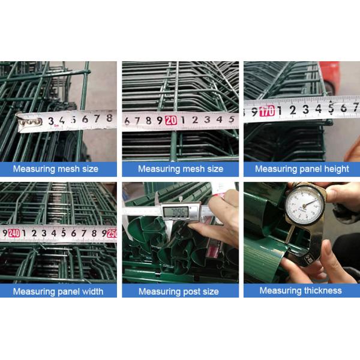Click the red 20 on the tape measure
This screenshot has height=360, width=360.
pos(171,120)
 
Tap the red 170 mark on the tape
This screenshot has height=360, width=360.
pos(267,110)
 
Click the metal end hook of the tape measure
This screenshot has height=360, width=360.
pos(29,122)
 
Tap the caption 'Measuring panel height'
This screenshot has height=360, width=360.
pos(301,169)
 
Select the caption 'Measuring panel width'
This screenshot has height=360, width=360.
pos(58,292)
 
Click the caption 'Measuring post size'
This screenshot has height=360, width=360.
pos(180,292)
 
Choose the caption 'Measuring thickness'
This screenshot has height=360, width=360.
pos(301,290)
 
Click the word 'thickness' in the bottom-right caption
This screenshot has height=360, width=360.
pos(320,290)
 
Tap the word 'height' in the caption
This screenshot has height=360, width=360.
pos(335,169)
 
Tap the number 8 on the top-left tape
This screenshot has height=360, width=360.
pos(109,119)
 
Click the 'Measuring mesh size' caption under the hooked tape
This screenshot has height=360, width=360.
pos(58,169)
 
